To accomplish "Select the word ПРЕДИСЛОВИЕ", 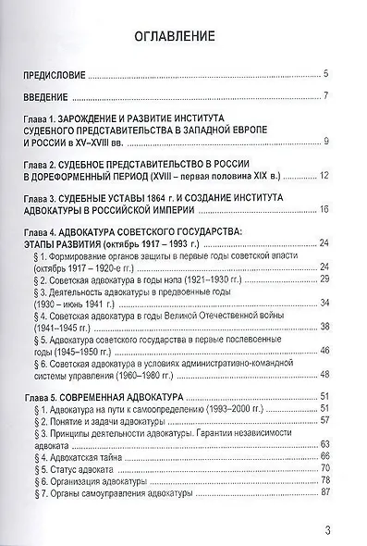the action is coord(62,73).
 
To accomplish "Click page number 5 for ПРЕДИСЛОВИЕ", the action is coord(327,73).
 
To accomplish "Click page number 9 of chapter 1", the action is coord(327,142).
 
